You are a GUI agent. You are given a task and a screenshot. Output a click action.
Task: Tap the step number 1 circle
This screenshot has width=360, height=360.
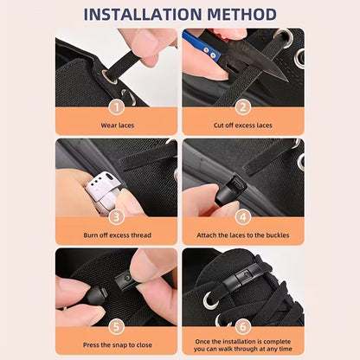[x=116, y=107]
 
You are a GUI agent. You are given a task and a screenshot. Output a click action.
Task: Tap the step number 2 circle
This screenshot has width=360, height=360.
[x=243, y=107]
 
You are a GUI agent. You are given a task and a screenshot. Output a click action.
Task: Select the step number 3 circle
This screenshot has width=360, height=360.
[x=116, y=217]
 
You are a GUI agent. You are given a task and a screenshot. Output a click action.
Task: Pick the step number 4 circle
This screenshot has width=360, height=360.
[x=243, y=217]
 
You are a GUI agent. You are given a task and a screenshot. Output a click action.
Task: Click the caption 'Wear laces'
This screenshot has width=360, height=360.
[x=116, y=125]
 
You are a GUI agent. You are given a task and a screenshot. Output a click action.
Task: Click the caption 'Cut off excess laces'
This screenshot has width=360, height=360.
[x=243, y=125]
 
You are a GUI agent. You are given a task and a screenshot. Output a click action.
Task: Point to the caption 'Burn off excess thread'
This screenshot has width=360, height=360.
[x=116, y=235]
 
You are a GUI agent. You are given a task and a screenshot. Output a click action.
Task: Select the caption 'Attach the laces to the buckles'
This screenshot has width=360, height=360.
[x=243, y=235]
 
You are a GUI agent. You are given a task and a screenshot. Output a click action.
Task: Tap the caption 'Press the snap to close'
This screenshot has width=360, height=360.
[x=116, y=344]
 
